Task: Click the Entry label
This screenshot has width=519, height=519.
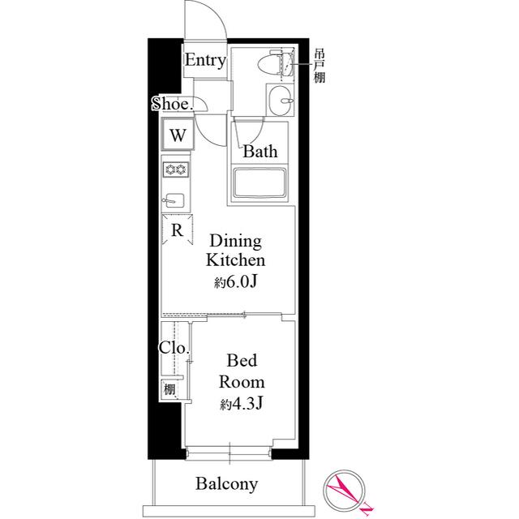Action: point(204,60)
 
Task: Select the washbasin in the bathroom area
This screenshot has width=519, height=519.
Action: point(281,103)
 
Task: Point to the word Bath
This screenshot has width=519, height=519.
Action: point(260,151)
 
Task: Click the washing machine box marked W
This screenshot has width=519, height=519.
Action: point(178,135)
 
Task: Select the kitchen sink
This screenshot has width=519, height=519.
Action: point(174,199)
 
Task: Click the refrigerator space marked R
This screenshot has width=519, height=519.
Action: point(177,229)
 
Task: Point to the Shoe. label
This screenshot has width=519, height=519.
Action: point(172,103)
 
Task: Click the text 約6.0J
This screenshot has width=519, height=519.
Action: point(235,282)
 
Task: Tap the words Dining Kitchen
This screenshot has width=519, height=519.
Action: point(235,251)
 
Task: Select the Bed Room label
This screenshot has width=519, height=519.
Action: point(243,371)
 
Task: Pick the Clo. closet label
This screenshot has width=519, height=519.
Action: point(174,348)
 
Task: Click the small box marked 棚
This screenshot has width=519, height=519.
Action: point(170,390)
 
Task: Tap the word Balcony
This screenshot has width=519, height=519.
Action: point(227,484)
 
